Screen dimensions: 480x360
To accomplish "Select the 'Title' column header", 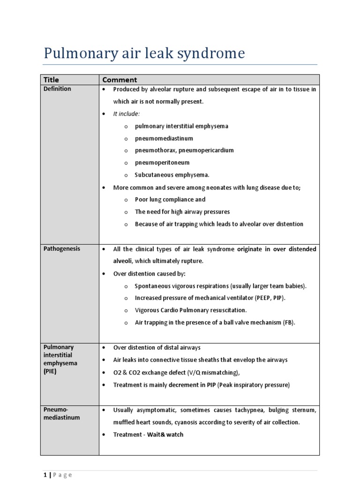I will (52, 80).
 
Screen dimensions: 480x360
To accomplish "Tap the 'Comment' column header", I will (120, 80).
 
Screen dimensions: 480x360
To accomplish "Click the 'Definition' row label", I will (57, 89).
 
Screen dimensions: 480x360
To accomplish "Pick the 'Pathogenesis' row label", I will (61, 249).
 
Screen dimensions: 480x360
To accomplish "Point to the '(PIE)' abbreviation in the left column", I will (51, 371).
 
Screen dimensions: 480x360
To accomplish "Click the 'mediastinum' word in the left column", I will (61, 418).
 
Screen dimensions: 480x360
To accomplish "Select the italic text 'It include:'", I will (127, 114).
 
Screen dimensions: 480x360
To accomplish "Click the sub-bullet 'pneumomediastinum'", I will (164, 138).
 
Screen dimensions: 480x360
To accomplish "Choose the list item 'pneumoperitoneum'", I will (162, 163).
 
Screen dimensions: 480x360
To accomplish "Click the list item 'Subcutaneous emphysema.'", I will (172, 175).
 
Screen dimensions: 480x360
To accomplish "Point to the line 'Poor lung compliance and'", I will (170, 199).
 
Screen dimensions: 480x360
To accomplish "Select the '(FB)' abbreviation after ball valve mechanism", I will (289, 322).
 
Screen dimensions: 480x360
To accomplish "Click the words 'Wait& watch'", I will (165, 435).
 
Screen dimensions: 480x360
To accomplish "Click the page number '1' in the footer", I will (45, 475).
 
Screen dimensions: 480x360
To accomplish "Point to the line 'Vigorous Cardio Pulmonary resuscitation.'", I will (191, 310).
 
